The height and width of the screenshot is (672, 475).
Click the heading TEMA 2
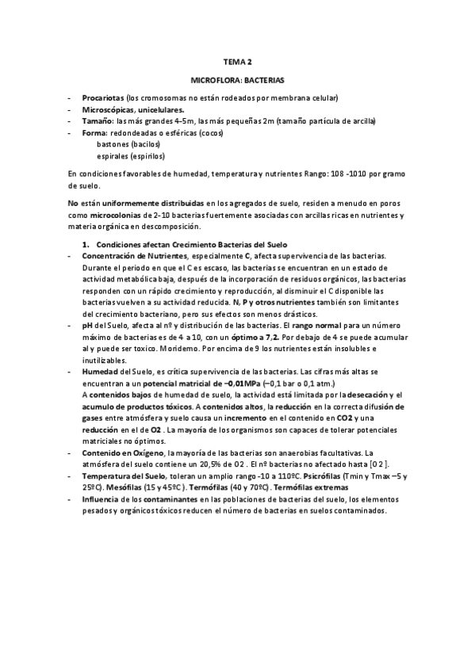coord(237,60)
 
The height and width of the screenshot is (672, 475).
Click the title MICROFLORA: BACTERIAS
coord(237,80)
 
